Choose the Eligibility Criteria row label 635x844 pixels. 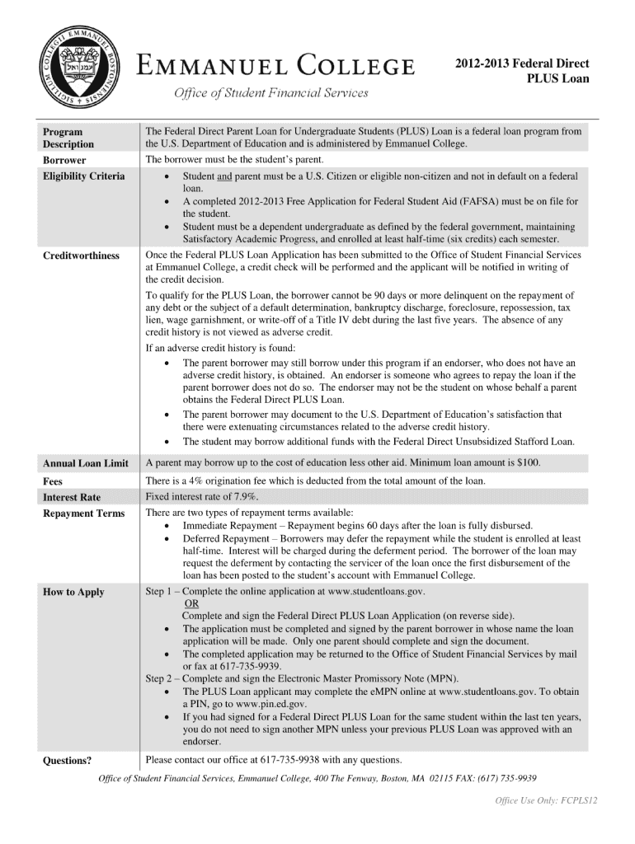(84, 176)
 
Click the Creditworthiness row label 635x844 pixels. (81, 256)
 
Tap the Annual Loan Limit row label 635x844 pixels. (85, 463)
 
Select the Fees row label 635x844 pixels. (53, 481)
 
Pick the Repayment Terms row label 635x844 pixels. (83, 513)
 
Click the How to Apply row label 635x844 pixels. (73, 592)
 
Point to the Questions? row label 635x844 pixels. (67, 760)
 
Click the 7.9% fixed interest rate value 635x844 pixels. (244, 496)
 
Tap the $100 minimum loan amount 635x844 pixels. (528, 462)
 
